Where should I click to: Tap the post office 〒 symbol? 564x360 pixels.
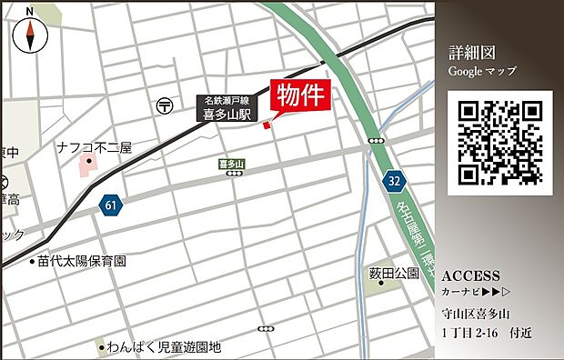(164, 105)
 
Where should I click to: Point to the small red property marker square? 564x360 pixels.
(267, 125)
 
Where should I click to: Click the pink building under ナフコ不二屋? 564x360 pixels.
(89, 165)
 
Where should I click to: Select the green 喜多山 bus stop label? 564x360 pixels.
(233, 164)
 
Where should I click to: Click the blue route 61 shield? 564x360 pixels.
(110, 205)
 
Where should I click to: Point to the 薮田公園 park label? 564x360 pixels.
(394, 272)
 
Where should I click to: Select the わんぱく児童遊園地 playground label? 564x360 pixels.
(164, 346)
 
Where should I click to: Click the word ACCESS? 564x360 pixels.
(470, 275)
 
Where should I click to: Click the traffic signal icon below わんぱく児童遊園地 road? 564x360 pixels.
(265, 328)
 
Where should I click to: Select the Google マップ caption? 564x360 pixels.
(481, 70)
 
